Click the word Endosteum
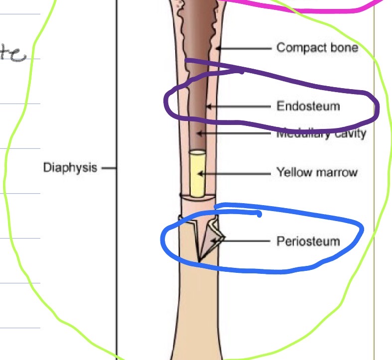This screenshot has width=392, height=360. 308,106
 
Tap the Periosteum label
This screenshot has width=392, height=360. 308,241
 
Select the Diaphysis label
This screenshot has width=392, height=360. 70,167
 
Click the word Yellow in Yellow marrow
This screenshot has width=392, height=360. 291,173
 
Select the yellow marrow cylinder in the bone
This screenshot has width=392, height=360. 197,174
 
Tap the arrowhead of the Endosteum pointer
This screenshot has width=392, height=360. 209,106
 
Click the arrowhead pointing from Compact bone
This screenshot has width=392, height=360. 218,48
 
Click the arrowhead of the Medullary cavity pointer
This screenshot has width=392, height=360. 199,133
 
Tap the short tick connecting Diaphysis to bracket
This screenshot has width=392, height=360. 109,168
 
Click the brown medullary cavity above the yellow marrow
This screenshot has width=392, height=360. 198,120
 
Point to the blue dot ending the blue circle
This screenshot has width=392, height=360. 259,214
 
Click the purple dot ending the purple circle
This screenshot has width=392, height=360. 242,71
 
